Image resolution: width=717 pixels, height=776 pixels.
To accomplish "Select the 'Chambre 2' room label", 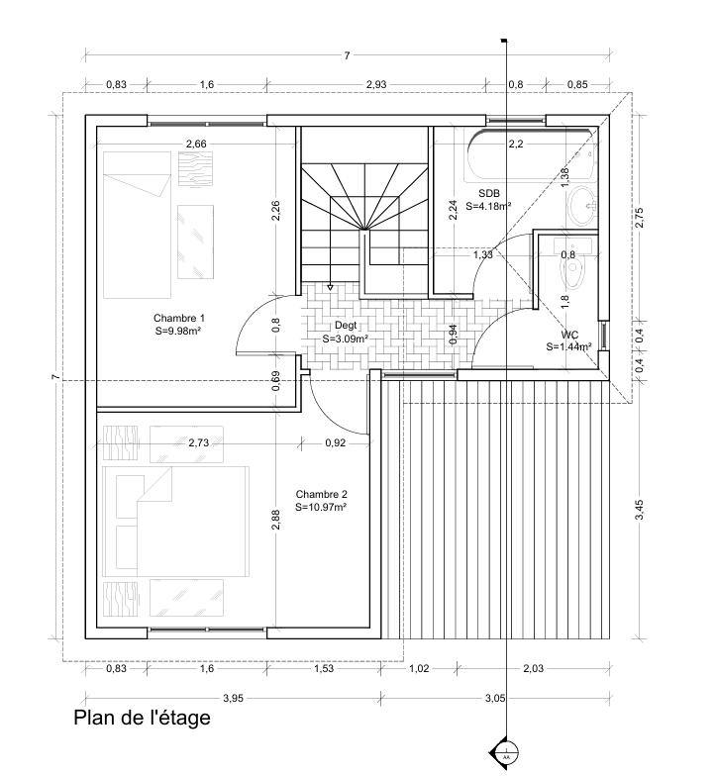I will tap(321, 493).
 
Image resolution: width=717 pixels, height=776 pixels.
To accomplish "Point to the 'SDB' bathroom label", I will tap(488, 193).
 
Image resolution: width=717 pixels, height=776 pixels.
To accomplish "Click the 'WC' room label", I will tap(568, 336).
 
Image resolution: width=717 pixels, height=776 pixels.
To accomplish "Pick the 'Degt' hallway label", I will tap(346, 325).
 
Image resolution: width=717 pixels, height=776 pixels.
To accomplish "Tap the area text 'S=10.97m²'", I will tap(321, 507).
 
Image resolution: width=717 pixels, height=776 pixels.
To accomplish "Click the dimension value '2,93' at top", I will tap(375, 85).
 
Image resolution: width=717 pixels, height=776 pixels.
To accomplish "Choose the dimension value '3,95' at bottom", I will tap(232, 699).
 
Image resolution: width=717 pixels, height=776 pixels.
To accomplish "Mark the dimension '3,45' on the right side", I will tap(640, 510).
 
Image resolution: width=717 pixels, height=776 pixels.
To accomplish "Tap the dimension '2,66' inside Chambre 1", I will tap(196, 145).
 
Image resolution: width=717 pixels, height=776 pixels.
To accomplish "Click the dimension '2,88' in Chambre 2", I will tap(277, 520).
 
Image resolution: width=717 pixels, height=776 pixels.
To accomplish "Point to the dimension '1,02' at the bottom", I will tap(419, 670).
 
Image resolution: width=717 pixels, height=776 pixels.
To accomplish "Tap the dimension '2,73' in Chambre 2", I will tap(199, 442).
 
